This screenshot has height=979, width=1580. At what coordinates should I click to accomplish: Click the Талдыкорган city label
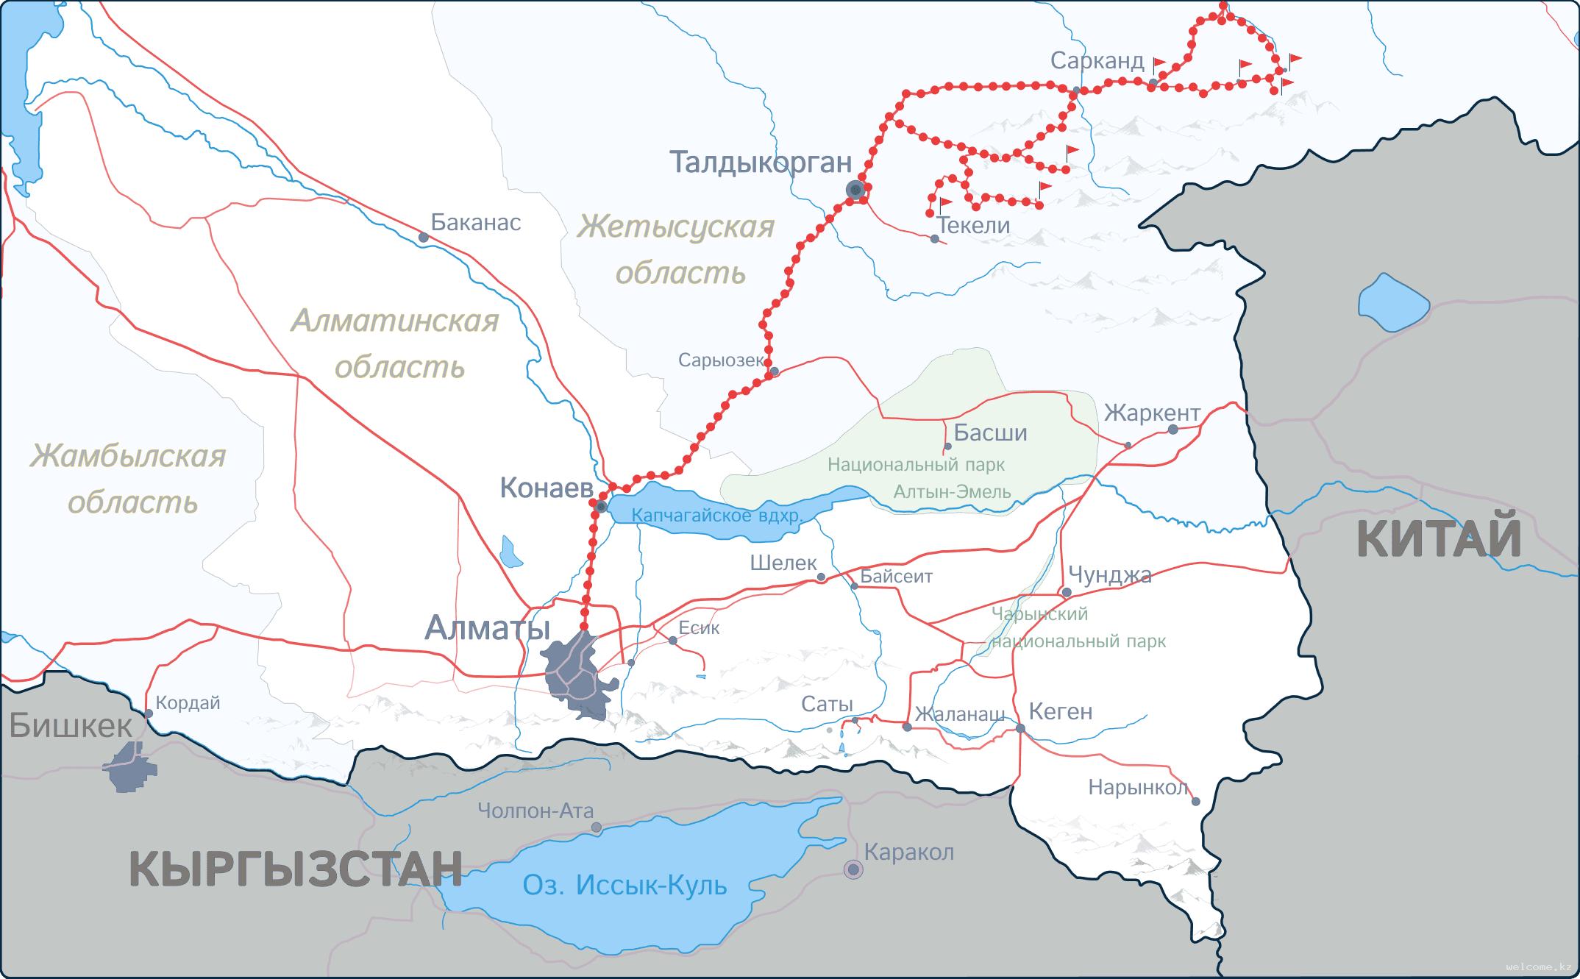[761, 163]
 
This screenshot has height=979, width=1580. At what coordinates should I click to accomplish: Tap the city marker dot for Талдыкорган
[855, 190]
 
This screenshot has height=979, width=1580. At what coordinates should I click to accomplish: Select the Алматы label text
[488, 629]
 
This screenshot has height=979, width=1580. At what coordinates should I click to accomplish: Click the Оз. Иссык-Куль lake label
[624, 885]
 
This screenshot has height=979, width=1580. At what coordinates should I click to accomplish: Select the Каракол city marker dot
[853, 869]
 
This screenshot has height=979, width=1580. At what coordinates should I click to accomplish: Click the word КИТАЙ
[1439, 539]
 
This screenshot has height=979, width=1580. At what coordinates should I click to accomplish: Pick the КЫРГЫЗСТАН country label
[296, 869]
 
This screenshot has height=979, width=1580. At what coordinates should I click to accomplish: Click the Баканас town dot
[423, 238]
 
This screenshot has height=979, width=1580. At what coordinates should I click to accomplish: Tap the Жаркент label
[1152, 413]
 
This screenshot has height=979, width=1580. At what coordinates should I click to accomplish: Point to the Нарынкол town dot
[1195, 802]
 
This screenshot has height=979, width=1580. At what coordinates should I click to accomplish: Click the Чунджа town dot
[1067, 592]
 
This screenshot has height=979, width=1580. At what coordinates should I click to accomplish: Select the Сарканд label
[1097, 61]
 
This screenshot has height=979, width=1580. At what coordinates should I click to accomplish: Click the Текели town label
[974, 225]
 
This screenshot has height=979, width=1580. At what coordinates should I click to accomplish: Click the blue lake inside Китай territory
[1392, 302]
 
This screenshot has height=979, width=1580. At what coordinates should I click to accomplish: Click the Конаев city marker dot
[601, 507]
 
